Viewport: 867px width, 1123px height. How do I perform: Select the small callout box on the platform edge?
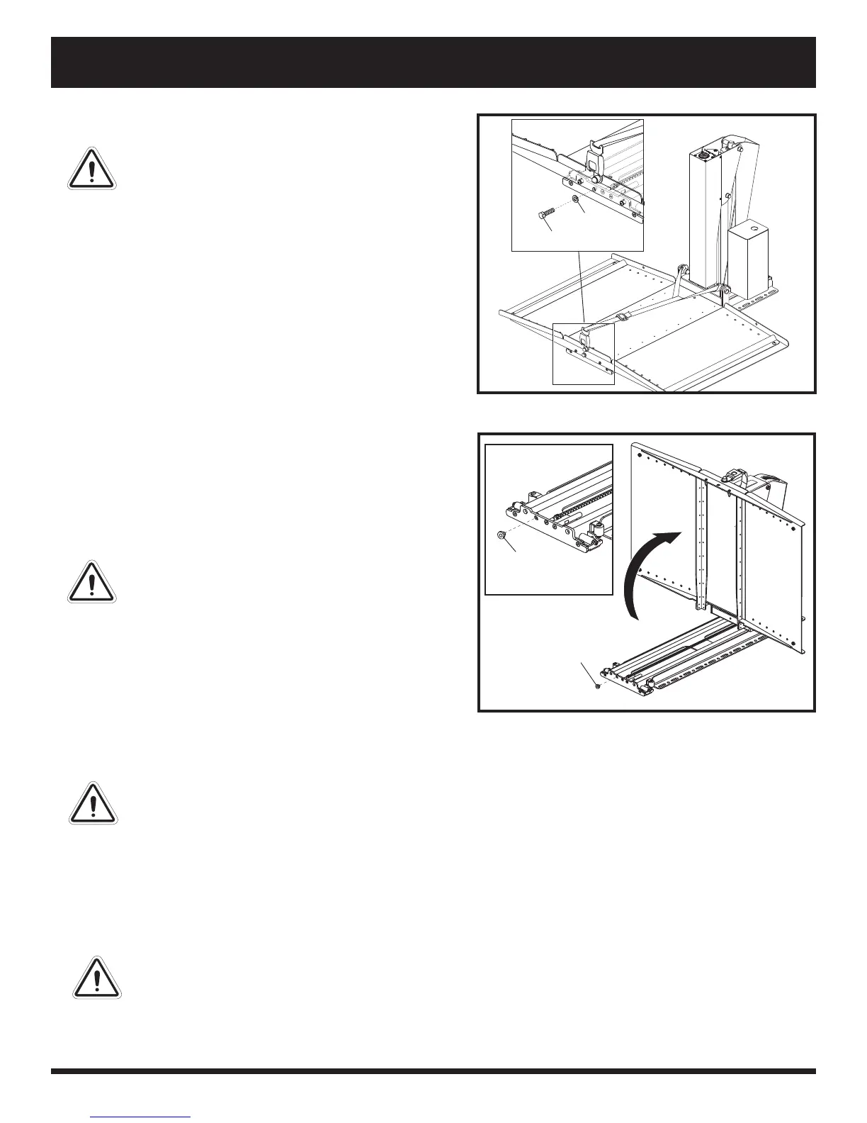(583, 353)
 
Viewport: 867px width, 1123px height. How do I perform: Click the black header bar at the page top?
(433, 62)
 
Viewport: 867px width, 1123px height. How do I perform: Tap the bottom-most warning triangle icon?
(97, 978)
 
